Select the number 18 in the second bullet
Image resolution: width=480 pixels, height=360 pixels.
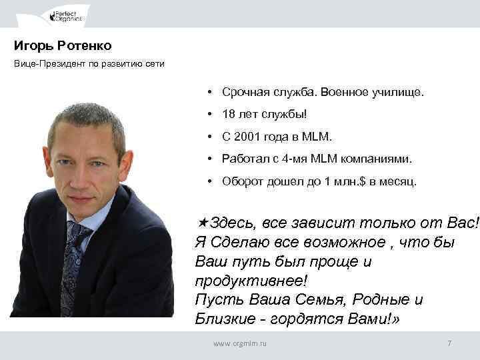(229, 115)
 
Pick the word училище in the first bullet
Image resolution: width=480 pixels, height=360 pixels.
(400, 93)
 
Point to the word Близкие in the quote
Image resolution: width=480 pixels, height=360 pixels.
(225, 319)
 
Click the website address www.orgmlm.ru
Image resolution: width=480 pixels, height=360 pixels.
(239, 343)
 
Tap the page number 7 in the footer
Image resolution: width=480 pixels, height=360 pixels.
(449, 343)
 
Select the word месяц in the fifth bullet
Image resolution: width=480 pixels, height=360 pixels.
(399, 181)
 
